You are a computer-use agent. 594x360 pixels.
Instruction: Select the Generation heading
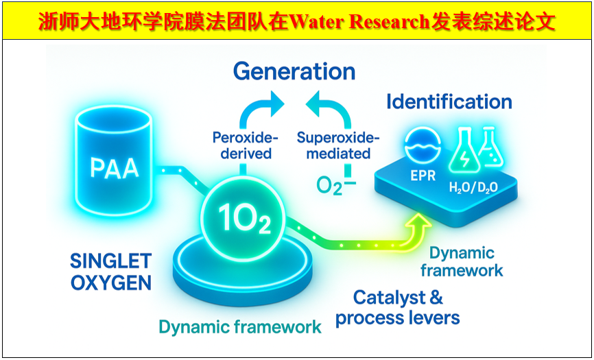[294, 71]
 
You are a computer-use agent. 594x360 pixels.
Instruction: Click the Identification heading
[449, 102]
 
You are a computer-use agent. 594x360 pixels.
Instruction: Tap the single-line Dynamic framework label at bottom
[240, 327]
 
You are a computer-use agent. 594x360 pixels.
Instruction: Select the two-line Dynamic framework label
[462, 261]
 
